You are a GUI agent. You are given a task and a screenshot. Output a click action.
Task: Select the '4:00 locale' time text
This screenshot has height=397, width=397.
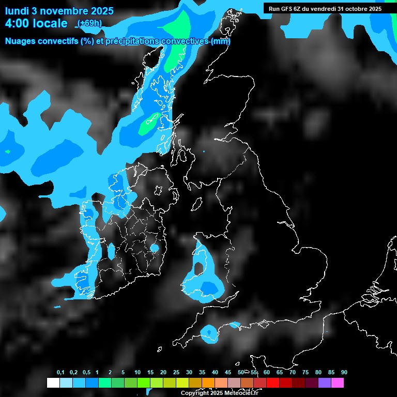pos(36,23)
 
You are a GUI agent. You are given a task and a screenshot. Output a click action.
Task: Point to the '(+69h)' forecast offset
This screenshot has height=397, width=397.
pos(89,23)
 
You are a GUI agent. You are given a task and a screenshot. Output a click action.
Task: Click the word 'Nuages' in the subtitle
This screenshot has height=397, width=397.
pos(21,41)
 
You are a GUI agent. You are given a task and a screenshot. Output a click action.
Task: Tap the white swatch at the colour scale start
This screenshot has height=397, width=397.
pos(53,383)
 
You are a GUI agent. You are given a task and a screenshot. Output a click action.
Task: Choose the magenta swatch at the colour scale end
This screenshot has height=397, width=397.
pos(337,383)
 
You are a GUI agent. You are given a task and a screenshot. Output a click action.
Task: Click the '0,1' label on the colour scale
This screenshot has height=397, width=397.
pos(60,373)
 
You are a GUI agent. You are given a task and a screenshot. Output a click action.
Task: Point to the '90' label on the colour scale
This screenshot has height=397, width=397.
pos(344,373)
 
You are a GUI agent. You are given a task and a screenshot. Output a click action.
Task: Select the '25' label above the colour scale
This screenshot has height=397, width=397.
pos(176,373)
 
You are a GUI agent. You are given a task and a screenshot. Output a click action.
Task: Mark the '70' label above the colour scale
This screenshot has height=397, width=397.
pos(293,373)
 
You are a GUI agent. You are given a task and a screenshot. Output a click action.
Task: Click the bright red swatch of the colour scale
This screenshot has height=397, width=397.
pos(272,383)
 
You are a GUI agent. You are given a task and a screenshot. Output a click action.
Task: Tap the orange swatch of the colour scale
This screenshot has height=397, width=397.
pos(208,383)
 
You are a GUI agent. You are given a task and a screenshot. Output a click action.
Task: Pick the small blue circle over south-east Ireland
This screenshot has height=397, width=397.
pos(154,248)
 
